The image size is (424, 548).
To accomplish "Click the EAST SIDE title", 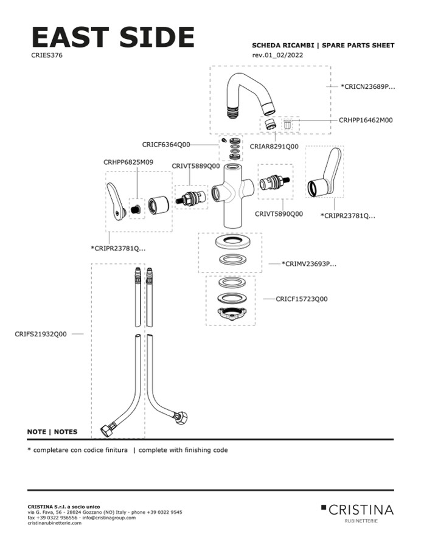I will [113, 38].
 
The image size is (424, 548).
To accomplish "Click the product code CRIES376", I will [46, 55].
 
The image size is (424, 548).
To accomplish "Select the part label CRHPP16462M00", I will [365, 120].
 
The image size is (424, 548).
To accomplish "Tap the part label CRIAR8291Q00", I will [274, 147].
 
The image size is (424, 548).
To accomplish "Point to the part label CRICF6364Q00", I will [165, 145].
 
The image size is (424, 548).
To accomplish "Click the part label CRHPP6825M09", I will [128, 162].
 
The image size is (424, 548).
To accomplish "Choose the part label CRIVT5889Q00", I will [195, 165].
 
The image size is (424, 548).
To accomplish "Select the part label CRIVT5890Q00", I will [279, 214].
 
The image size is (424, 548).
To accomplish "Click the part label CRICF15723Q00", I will [301, 299].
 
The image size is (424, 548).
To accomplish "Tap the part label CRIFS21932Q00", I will [40, 334].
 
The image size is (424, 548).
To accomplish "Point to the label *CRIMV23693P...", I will [309, 264].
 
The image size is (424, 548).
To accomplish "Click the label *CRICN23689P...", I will [367, 87].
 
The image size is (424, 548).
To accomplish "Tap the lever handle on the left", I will [117, 201].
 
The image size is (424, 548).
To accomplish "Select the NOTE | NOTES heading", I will [52, 432].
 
